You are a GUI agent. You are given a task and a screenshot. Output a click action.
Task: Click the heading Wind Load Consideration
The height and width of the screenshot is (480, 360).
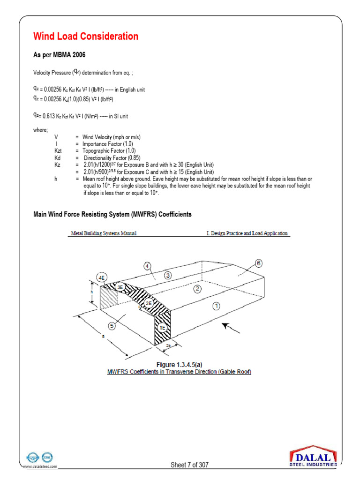(x=86, y=37)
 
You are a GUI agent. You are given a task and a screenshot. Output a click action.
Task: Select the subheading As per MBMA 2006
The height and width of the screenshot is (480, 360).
(x=59, y=55)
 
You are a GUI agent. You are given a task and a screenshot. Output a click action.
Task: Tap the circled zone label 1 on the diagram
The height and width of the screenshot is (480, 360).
(x=216, y=306)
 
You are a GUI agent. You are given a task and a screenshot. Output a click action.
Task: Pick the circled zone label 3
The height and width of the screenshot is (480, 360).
(x=168, y=275)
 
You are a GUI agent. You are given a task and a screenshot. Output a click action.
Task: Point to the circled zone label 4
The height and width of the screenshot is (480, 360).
(x=147, y=266)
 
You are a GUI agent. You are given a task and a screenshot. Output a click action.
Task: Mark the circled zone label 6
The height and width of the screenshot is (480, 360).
(x=259, y=263)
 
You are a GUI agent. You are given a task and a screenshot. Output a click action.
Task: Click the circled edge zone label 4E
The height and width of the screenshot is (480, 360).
(x=102, y=277)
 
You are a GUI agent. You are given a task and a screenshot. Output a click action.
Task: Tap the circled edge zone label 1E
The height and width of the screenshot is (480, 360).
(x=162, y=327)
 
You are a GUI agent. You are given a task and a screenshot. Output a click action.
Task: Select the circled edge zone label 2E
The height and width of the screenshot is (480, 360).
(x=149, y=303)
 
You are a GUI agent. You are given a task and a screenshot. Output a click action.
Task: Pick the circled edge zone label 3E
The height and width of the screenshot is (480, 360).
(x=120, y=287)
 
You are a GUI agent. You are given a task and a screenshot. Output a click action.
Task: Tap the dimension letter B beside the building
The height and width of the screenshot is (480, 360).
(x=102, y=336)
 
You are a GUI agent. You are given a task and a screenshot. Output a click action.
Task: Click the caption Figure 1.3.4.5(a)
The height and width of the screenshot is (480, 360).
(x=180, y=364)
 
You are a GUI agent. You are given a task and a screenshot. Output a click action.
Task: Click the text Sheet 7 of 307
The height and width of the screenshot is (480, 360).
(x=189, y=465)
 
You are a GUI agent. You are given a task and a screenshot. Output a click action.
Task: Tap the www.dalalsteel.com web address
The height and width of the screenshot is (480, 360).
(x=40, y=467)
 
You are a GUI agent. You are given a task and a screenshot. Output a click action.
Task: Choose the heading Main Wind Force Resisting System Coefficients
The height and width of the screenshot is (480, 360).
(x=112, y=214)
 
